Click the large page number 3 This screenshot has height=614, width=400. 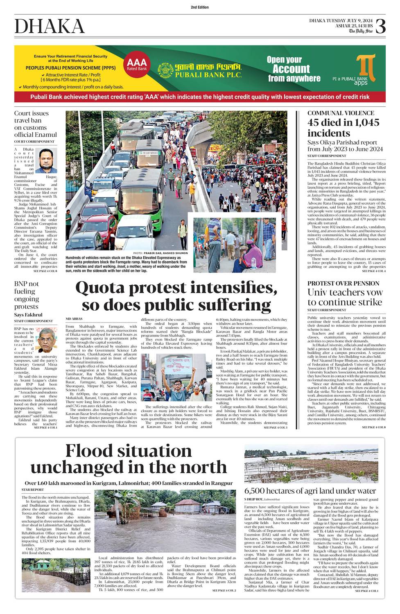[380, 27]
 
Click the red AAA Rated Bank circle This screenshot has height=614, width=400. [136, 64]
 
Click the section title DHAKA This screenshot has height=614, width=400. [50, 27]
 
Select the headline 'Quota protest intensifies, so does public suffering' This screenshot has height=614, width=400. [176, 296]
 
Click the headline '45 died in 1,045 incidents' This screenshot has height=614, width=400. [343, 128]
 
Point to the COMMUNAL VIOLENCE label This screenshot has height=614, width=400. [341, 113]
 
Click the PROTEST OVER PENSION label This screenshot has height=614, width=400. [343, 283]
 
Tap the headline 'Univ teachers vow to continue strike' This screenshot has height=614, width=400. [345, 297]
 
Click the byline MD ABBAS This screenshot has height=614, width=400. [74, 318]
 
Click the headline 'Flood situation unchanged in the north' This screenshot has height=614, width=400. [129, 459]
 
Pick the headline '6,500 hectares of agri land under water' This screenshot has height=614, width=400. [310, 491]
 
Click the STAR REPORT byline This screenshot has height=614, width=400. [32, 490]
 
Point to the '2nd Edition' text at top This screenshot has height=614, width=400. [200, 7]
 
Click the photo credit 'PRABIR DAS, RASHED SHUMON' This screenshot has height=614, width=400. [163, 253]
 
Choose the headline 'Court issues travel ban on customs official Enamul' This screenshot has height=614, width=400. [35, 124]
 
